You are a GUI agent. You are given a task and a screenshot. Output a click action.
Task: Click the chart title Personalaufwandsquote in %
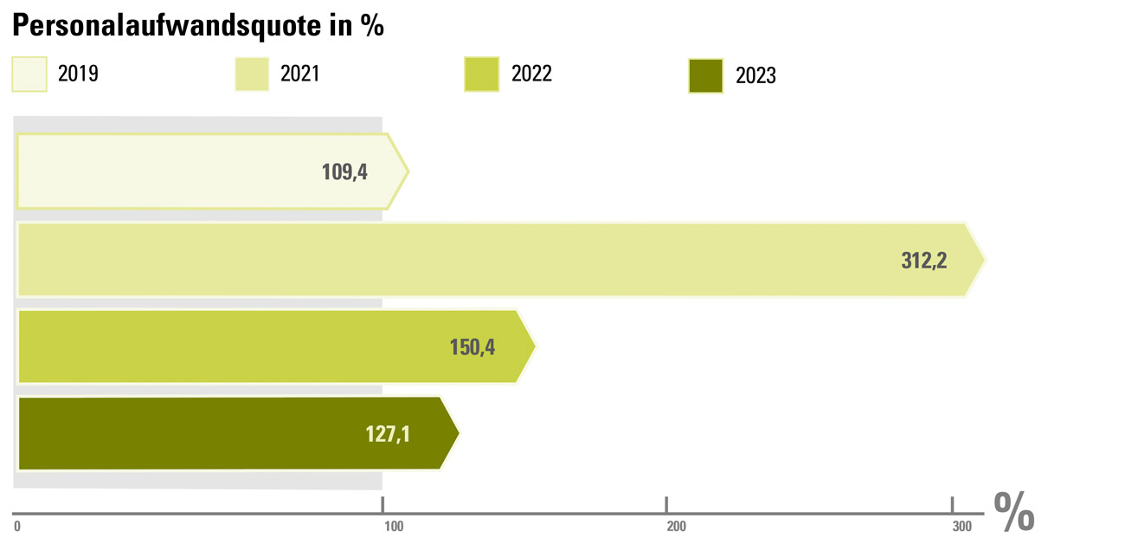click(197, 26)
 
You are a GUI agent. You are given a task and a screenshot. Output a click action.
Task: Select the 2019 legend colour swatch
click(29, 74)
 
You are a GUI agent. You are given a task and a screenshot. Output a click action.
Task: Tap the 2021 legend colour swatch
click(253, 74)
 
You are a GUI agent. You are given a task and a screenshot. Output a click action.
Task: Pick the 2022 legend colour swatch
click(482, 74)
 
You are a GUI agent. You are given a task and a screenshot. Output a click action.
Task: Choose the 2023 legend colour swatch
click(705, 75)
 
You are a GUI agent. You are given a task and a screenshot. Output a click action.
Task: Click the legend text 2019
click(78, 74)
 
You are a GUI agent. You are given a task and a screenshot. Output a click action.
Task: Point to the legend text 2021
click(300, 74)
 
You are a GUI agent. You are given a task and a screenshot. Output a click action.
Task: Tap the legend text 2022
click(531, 74)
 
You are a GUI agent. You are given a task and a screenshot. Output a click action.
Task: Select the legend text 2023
click(755, 76)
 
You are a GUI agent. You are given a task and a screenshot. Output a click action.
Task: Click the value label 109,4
click(344, 172)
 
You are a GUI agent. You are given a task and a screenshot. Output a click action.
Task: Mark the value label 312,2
click(924, 260)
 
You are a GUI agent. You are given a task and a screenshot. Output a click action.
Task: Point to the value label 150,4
click(473, 347)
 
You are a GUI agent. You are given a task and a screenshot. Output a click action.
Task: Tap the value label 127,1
click(388, 433)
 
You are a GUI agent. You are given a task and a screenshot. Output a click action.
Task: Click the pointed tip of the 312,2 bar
click(982, 259)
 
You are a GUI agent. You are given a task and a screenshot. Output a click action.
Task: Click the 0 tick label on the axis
click(17, 526)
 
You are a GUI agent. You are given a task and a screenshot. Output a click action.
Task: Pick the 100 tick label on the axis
click(392, 526)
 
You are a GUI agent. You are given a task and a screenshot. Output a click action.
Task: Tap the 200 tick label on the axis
click(676, 526)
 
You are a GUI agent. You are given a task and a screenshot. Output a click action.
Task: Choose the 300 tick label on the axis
click(961, 526)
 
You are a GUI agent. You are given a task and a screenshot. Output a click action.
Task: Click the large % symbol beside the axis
click(1014, 513)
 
